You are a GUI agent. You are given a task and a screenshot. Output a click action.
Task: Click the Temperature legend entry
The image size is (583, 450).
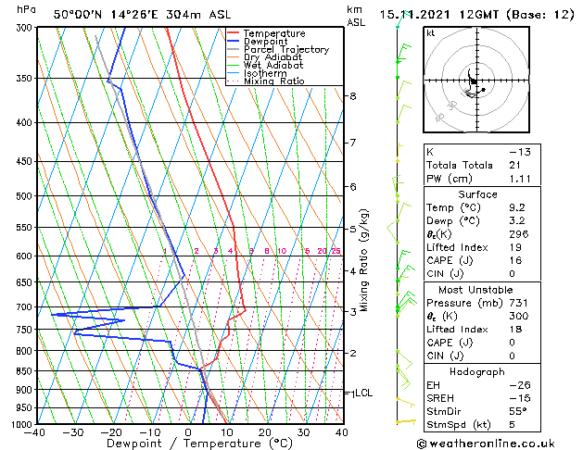tap(275, 33)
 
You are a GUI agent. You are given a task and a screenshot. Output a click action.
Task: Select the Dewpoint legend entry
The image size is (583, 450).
tap(270, 42)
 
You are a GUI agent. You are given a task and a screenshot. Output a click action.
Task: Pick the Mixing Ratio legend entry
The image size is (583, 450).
tap(274, 81)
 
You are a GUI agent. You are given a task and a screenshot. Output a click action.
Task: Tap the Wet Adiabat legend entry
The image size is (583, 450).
tap(272, 66)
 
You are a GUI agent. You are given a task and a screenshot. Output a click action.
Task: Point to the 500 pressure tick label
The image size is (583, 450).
tap(24, 196)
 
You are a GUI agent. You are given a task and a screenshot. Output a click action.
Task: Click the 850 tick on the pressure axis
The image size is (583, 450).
tap(24, 371)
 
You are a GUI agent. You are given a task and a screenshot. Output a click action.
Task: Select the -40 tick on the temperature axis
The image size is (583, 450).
tap(36, 432)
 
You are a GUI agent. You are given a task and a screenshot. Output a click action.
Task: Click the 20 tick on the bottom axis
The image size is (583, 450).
tap(265, 432)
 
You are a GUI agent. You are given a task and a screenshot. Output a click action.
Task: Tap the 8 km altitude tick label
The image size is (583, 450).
tap(352, 96)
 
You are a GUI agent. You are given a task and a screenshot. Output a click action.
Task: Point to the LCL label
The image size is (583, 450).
tap(364, 393)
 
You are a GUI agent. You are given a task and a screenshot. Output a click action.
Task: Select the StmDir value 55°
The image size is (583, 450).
tap(518, 411)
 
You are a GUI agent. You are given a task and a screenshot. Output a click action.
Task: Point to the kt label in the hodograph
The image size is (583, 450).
tap(431, 33)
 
